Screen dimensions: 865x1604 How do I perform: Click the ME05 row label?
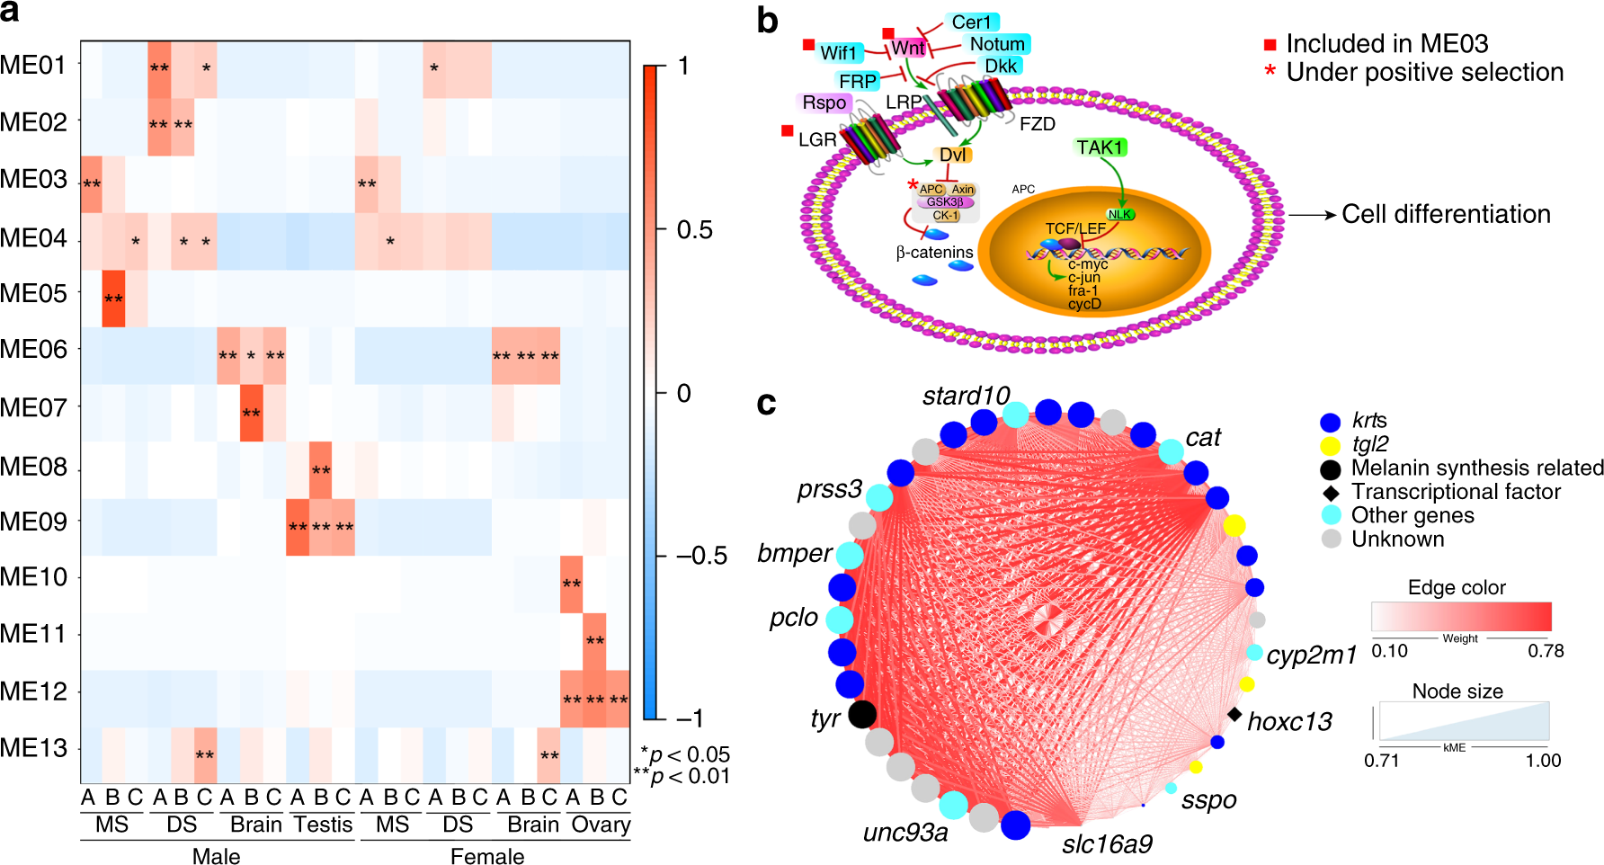coord(34,294)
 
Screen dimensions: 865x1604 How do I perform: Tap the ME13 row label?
coord(34,748)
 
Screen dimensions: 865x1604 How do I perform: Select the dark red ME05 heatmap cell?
coord(113,299)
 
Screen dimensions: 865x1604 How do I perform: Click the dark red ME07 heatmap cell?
coord(251,413)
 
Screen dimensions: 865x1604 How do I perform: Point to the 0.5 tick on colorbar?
coord(694,229)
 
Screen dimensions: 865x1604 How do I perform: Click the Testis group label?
coord(323,825)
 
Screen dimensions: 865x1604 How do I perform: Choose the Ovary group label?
coord(601,825)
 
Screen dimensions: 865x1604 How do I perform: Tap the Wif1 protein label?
coord(839,53)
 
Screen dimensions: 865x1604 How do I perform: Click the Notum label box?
coord(997,44)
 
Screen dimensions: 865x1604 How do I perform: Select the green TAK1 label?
coord(1101,147)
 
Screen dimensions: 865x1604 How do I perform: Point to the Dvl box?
coord(953,155)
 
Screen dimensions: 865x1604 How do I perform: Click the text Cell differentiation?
coord(1446,214)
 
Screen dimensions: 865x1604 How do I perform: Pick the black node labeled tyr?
coord(861,714)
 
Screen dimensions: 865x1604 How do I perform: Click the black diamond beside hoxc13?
coord(1235,714)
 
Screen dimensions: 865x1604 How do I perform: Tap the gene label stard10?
coord(966,396)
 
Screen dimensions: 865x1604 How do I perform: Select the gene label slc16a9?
coord(1107,843)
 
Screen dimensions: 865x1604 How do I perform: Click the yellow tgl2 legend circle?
coord(1330,445)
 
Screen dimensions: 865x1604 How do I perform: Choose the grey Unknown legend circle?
coord(1331,540)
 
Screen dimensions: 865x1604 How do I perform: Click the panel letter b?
coord(767,21)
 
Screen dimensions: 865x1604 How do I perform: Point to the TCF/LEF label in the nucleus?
coord(1075,228)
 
